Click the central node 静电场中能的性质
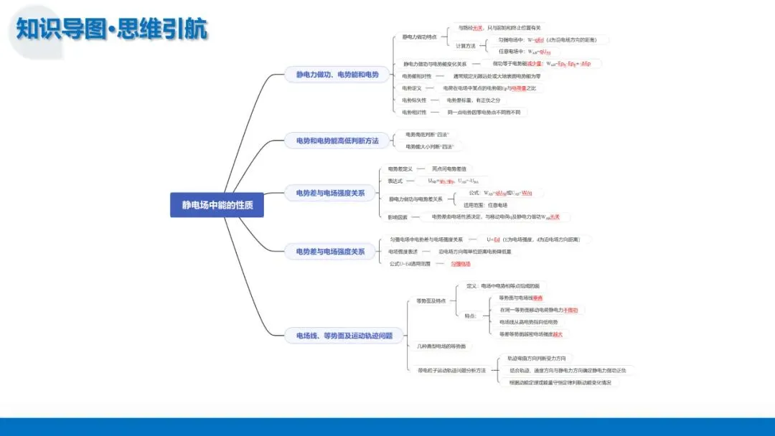(x=217, y=204)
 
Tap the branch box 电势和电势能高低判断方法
(x=332, y=141)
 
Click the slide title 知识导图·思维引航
(x=111, y=29)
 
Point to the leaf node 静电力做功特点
(x=419, y=37)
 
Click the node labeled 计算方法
(x=466, y=46)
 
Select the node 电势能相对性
(x=417, y=76)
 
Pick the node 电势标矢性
(x=414, y=100)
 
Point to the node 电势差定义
(x=400, y=169)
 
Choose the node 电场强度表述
(x=403, y=252)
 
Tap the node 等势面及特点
(x=431, y=301)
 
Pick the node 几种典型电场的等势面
(x=441, y=346)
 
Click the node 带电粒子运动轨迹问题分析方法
(x=452, y=371)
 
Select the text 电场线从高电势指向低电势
(x=528, y=322)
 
